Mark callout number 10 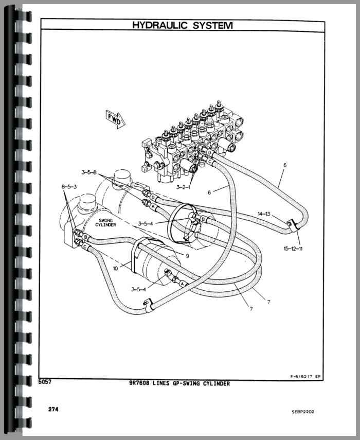pyautogui.click(x=115, y=268)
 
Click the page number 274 pyautogui.click(x=51, y=409)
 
